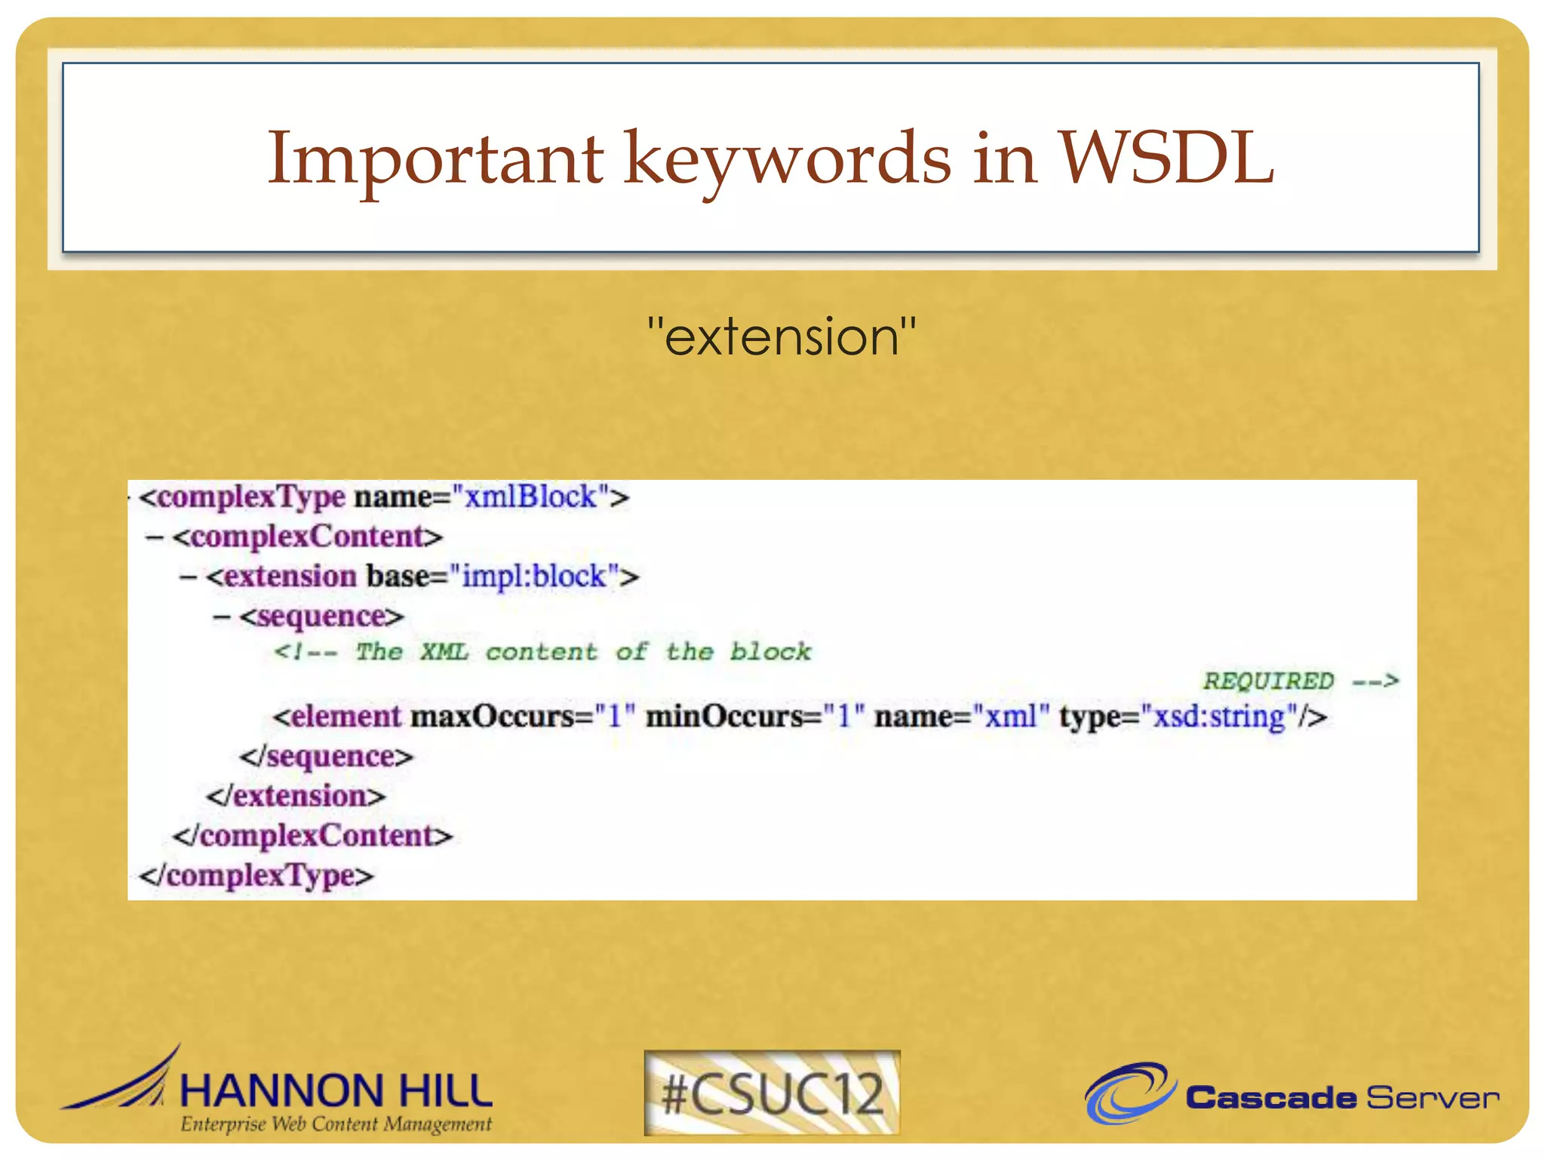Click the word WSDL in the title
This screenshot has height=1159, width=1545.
[x=1166, y=158]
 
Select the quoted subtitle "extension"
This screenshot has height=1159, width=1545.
[x=782, y=337]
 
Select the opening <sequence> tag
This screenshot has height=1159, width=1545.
[x=322, y=616]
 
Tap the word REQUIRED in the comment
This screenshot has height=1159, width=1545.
[x=1268, y=681]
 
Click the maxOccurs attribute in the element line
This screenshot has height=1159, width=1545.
[x=492, y=716]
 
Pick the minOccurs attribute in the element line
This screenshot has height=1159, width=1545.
[x=724, y=716]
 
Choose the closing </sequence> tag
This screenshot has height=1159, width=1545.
[x=327, y=756]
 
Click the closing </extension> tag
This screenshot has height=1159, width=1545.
[x=296, y=796]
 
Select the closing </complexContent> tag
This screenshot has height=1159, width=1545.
[x=312, y=836]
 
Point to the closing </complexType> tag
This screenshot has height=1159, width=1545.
[x=256, y=876]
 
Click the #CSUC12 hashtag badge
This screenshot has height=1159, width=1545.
[x=772, y=1093]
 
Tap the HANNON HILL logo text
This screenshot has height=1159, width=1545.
[x=336, y=1091]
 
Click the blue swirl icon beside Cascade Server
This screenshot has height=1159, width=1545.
[x=1129, y=1093]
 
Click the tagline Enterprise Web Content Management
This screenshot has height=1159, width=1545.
[x=336, y=1124]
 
